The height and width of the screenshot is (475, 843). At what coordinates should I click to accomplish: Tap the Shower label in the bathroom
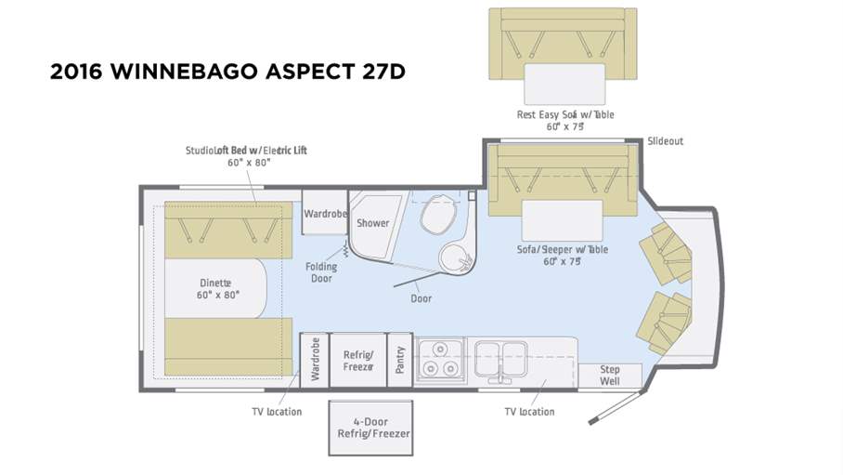click(373, 223)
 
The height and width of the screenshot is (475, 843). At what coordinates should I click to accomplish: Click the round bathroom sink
click(456, 257)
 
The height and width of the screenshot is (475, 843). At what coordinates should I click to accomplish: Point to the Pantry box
click(400, 359)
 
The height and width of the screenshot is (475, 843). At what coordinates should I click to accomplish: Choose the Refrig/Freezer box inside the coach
click(357, 360)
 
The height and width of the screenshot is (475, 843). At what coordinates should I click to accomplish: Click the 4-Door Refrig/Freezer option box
click(371, 428)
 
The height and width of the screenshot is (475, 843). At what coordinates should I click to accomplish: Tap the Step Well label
click(609, 376)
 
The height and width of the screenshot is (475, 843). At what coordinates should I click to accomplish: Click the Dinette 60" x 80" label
click(217, 288)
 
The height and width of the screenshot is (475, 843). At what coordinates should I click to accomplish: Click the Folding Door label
click(321, 271)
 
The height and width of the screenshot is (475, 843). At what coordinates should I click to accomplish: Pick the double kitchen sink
click(502, 357)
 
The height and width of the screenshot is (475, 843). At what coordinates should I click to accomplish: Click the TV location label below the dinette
click(277, 412)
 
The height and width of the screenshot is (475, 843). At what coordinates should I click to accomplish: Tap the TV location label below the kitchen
click(529, 412)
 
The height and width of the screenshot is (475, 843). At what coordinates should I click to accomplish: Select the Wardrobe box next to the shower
click(324, 214)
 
